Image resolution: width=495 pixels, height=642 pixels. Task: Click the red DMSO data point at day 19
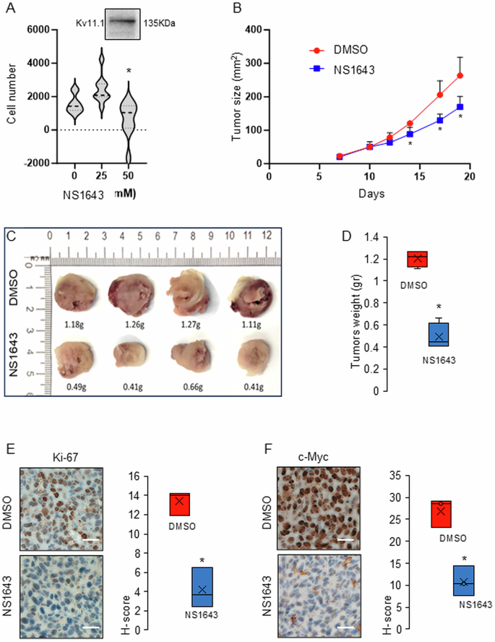460,75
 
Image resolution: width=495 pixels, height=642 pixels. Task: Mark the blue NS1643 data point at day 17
439,120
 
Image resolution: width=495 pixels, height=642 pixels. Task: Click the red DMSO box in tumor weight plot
416,259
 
